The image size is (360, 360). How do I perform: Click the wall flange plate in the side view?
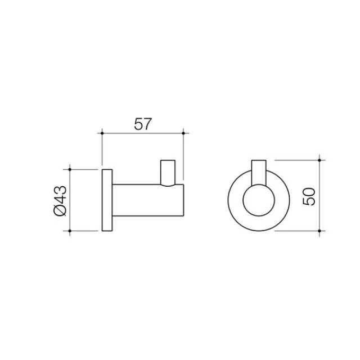pos(106,200)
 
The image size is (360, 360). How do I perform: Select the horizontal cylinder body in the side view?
pos(147,200)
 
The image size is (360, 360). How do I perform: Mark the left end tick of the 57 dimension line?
pos(102,133)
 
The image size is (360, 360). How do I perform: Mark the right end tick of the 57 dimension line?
pos(184,133)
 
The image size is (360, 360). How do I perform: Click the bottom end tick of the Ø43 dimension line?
pos(69,231)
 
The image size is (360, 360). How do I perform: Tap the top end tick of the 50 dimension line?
pos(319,160)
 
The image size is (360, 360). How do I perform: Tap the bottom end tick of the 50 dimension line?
pos(319,231)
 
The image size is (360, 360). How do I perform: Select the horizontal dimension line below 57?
pos(143,133)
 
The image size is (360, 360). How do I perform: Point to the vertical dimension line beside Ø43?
pos(69,200)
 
